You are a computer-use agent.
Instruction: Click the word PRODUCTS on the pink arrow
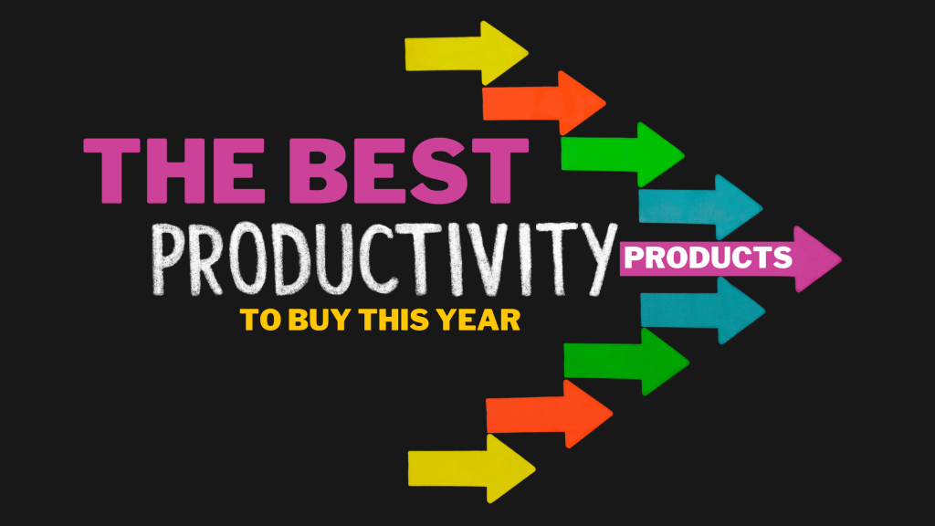709,258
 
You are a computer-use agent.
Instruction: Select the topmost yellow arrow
466,53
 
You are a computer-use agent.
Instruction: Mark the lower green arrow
625,362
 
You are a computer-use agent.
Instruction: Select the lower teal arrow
701,310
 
